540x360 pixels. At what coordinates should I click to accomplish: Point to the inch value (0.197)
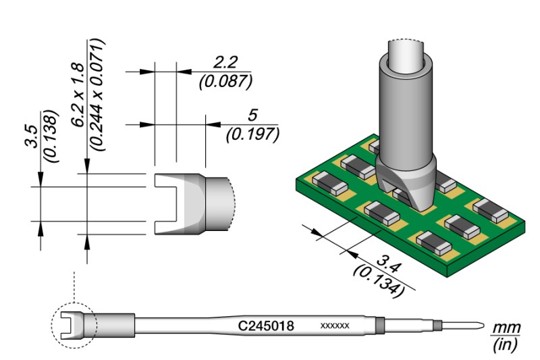click(x=252, y=134)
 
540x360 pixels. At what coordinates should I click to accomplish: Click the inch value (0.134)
click(x=378, y=281)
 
